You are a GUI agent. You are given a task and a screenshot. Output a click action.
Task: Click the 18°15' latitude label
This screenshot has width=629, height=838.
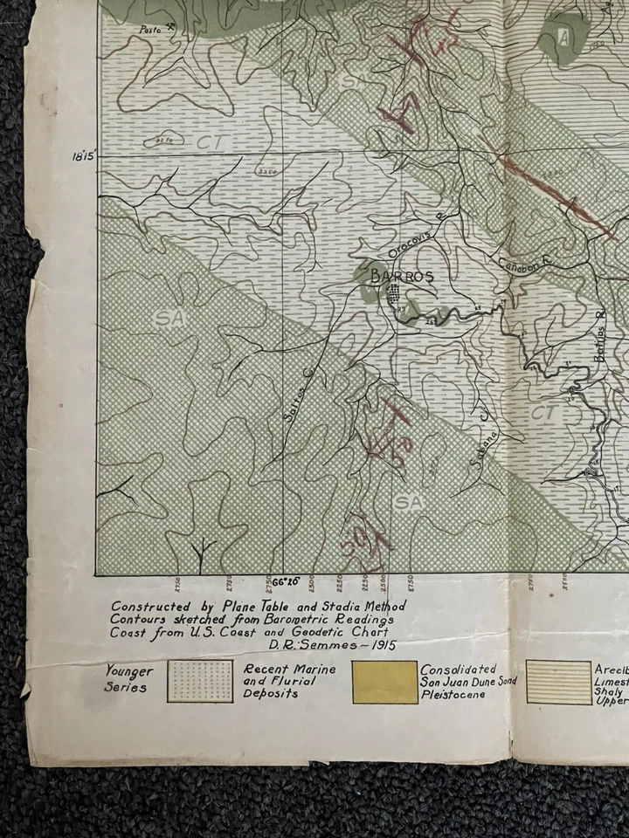pos(85,157)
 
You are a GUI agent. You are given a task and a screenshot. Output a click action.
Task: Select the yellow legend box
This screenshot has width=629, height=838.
pos(384,682)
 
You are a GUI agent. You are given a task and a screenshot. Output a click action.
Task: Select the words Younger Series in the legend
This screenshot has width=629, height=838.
pos(129,679)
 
